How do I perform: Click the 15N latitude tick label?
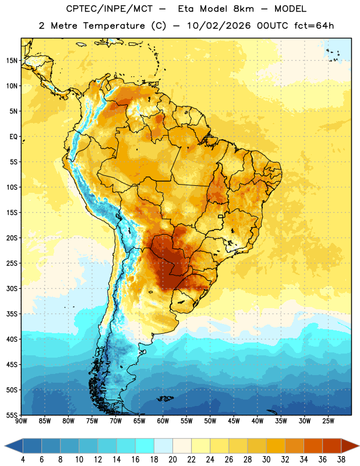[12, 61]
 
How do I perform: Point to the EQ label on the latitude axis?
[13, 137]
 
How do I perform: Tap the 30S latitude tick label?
[12, 288]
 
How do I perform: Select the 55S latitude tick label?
[12, 415]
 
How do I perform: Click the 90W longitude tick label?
[21, 421]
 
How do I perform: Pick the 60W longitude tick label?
[163, 421]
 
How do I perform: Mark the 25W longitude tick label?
[329, 421]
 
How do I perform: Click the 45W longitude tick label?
[234, 421]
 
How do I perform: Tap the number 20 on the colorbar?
[172, 460]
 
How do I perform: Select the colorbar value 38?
[341, 460]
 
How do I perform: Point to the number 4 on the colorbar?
[23, 460]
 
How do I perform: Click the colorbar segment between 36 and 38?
[332, 446]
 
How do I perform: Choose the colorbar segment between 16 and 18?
[144, 446]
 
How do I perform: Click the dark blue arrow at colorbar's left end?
[13, 446]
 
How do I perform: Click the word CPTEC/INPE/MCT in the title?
[110, 9]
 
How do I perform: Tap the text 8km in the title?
[243, 9]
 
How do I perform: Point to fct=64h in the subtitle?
[314, 26]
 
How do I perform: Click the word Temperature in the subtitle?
[114, 26]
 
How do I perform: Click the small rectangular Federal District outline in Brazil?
[221, 217]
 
